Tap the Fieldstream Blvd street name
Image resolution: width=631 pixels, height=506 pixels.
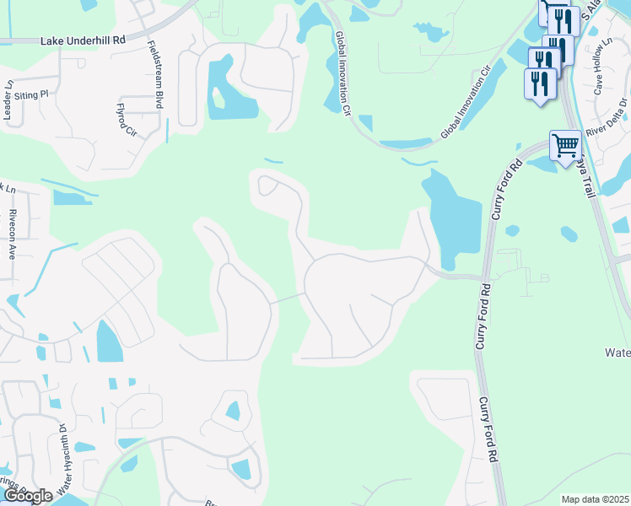(x=156, y=75)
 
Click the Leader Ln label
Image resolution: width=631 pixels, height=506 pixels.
(x=9, y=100)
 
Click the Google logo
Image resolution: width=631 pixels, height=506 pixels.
(x=28, y=496)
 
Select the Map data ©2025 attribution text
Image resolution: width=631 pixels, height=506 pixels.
(x=595, y=499)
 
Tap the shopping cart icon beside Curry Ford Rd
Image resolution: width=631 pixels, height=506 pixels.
(x=564, y=145)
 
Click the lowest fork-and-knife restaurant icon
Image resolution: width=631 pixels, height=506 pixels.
(x=540, y=84)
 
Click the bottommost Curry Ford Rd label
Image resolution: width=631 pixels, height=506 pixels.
(x=486, y=430)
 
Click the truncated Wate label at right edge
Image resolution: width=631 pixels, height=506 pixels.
(x=618, y=352)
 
